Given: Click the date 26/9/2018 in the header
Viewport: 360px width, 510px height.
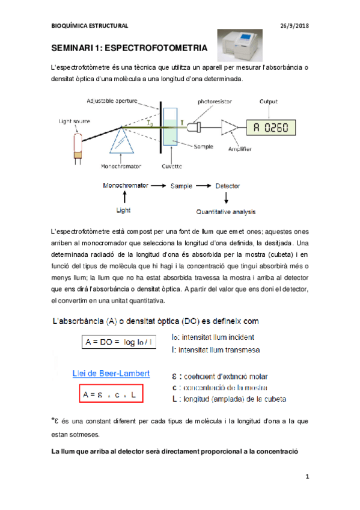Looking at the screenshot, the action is coord(294,25).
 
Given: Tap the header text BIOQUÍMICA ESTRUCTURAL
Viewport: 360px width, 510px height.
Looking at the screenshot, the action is coord(90,25).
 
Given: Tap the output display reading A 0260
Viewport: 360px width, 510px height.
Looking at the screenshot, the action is coord(268,127).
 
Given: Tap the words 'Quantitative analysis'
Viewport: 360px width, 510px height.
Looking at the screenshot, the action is coord(227,212).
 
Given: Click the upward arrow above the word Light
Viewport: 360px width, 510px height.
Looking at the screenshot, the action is coord(124,197).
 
